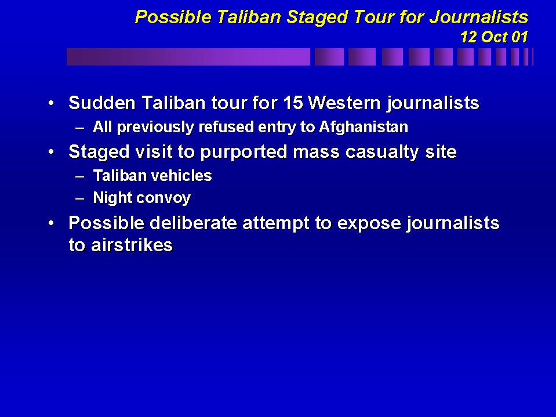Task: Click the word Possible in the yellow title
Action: tap(173, 17)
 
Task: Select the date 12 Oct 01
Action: tap(494, 37)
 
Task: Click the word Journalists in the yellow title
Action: tap(479, 17)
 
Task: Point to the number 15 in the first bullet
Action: tap(293, 103)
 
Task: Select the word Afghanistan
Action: tap(364, 127)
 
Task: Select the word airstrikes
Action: tap(132, 245)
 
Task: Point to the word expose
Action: tap(369, 224)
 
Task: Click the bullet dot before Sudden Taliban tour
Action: tap(52, 103)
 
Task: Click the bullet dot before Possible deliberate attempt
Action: tap(52, 223)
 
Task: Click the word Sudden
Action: tap(102, 103)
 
